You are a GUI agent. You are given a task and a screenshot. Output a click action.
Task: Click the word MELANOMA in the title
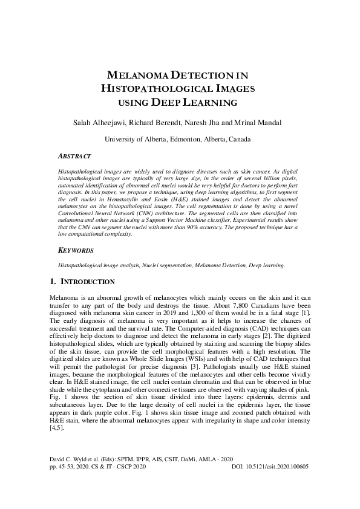139,76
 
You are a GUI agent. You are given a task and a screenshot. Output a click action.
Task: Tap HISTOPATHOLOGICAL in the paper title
163,89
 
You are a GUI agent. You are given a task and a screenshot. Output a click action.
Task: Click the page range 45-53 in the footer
65,485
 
